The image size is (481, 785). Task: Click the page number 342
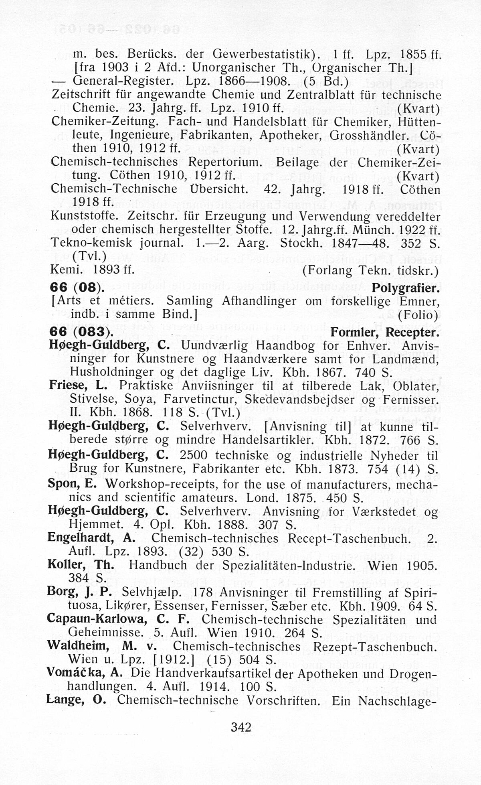click(x=241, y=726)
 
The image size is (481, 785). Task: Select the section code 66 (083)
click(x=81, y=333)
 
